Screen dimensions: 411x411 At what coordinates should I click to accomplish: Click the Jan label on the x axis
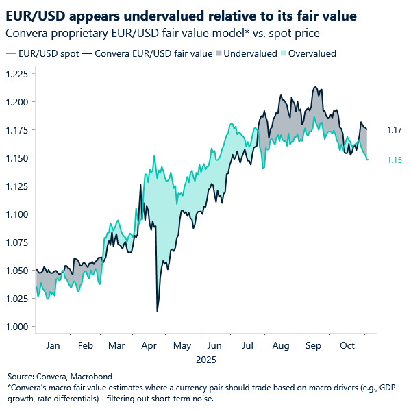[x=52, y=347]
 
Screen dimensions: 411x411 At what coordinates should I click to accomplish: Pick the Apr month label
[x=149, y=347]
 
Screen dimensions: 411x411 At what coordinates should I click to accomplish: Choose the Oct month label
[x=347, y=347]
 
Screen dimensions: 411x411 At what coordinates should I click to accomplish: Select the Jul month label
[x=247, y=347]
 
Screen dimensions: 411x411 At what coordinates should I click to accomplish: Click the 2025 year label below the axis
[x=206, y=358]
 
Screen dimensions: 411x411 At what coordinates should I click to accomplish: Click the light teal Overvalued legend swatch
[x=282, y=53]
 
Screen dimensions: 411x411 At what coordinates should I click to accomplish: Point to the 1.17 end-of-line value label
[x=395, y=129]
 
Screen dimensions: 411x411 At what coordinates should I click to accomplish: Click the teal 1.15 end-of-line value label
[x=395, y=160]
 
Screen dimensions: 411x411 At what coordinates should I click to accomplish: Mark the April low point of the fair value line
[x=157, y=312]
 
